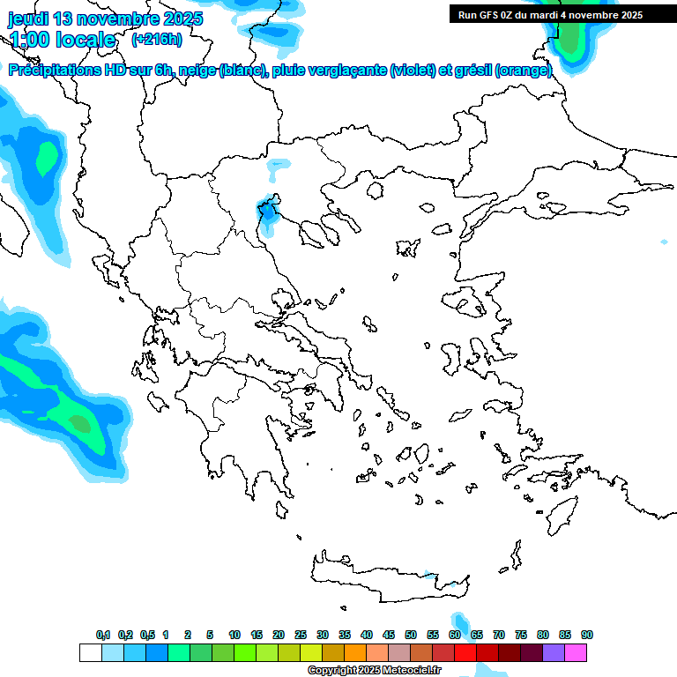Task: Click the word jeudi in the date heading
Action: (x=29, y=19)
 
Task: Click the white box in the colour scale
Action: (x=90, y=652)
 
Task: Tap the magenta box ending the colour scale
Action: (x=576, y=652)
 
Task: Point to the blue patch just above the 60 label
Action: (x=458, y=622)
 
